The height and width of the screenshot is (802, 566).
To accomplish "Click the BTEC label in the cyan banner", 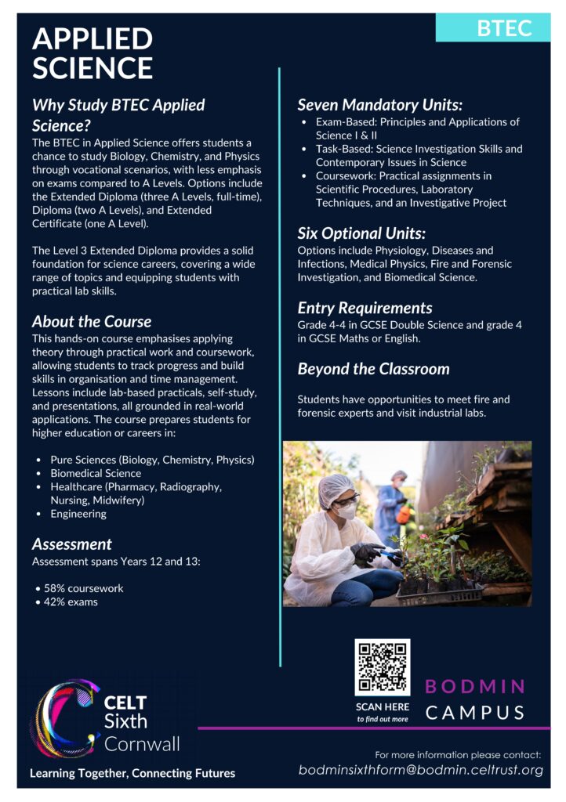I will [504, 28].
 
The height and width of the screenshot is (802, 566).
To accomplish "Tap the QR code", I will [382, 667].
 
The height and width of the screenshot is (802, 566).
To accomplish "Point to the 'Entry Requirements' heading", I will [365, 308].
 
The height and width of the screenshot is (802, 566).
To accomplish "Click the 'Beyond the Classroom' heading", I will [373, 369].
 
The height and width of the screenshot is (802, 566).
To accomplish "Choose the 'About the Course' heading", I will [92, 321].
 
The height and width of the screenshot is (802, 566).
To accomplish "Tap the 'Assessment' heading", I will [72, 544].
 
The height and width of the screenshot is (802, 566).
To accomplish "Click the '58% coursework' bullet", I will [83, 588].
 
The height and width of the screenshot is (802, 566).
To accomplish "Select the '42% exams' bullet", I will [72, 602].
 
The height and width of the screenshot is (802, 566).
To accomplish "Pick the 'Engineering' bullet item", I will [78, 514].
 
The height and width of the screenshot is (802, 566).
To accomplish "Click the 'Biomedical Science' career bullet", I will [96, 473].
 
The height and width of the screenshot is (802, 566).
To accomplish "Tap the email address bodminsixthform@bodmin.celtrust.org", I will [421, 770].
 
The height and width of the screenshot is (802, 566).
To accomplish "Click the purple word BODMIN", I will [475, 687].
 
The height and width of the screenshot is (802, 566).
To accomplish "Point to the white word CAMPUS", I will [475, 713].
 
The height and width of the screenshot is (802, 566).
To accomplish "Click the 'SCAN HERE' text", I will [382, 706].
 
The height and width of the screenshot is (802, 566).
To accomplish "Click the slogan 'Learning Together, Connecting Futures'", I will [132, 773].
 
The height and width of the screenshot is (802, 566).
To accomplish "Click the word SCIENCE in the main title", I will [93, 68].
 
